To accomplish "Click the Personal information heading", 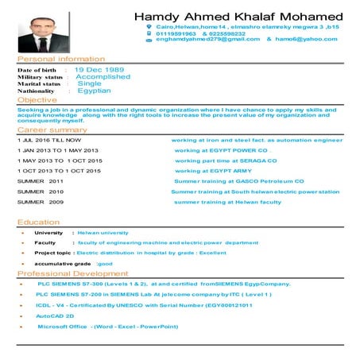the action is [60, 60].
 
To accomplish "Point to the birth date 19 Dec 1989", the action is [99, 70].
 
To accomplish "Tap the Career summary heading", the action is [52, 129].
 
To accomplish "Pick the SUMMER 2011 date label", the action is [40, 181].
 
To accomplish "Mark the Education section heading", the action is [38, 222].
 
